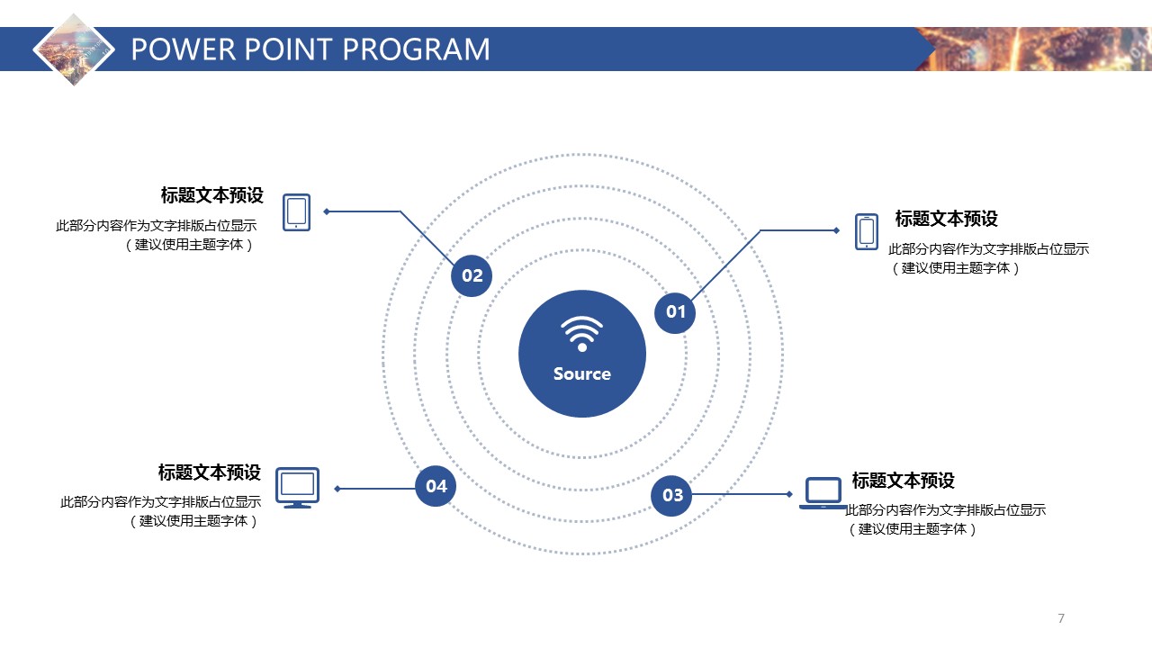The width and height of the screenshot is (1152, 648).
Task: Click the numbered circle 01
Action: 675,312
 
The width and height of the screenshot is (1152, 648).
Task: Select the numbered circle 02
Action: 472,275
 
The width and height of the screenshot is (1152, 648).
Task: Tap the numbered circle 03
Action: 672,495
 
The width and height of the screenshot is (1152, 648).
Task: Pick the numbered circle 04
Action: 436,486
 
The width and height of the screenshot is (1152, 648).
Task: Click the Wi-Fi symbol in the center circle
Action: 582,333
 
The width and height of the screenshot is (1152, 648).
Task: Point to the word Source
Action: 582,373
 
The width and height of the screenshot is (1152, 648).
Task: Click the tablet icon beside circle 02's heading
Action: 296,212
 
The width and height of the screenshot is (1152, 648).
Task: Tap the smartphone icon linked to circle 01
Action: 867,231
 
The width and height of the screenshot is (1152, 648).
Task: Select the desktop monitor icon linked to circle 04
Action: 297,487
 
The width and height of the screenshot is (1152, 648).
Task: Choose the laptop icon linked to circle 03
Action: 823,493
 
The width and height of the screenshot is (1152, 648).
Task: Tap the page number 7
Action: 1061,618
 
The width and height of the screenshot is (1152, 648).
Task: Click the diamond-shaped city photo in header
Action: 75,49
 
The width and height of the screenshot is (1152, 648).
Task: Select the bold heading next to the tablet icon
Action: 211,196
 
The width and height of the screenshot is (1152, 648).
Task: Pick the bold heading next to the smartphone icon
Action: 946,219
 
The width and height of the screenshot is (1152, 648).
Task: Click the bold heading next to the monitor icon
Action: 210,472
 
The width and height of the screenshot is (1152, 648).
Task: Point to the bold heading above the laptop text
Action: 903,481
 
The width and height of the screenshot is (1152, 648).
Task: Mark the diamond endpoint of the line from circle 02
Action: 327,211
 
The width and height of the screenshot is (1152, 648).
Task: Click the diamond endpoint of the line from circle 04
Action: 337,489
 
